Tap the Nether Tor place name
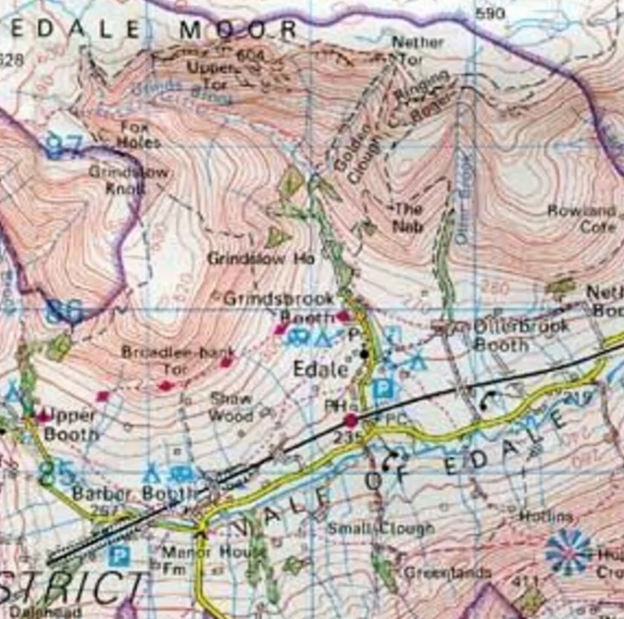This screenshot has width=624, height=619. pyautogui.click(x=417, y=51)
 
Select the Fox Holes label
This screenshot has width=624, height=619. pyautogui.click(x=139, y=134)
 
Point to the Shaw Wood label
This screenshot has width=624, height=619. pyautogui.click(x=231, y=407)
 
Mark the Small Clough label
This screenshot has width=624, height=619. pyautogui.click(x=380, y=528)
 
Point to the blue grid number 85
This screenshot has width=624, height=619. pyautogui.click(x=56, y=473)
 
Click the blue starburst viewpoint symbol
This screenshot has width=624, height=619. pyautogui.click(x=568, y=552)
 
